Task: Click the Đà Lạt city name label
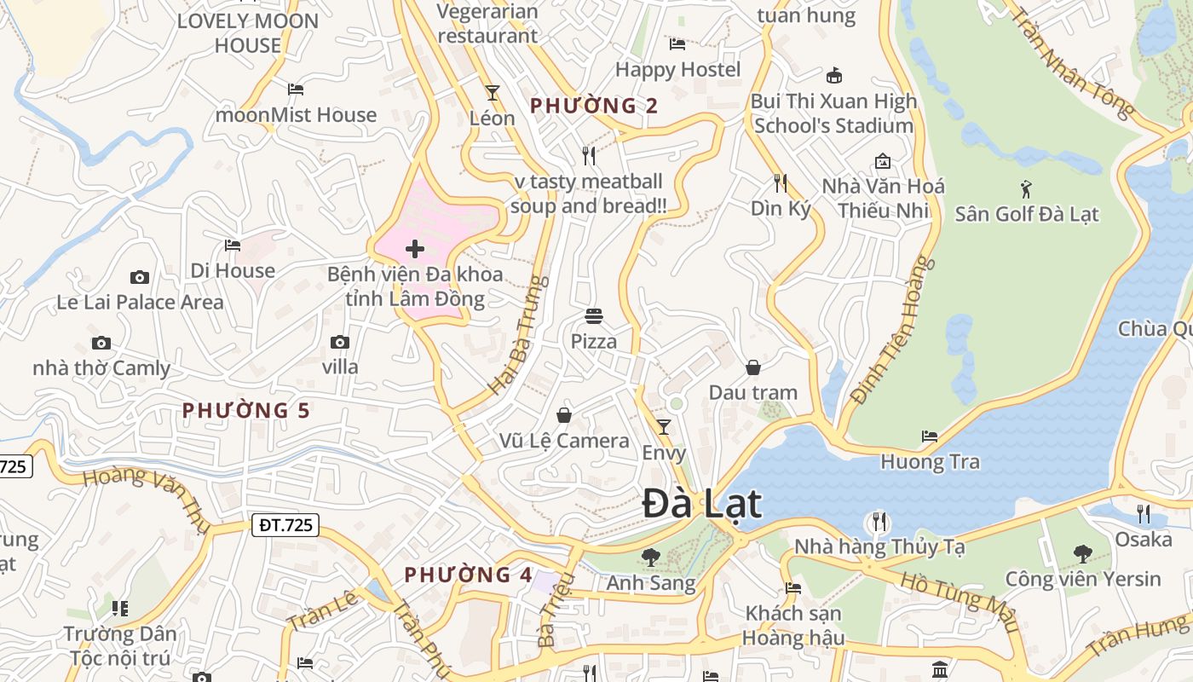(701, 503)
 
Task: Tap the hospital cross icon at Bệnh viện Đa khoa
(415, 249)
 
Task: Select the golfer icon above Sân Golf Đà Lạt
(1026, 188)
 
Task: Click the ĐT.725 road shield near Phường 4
(285, 526)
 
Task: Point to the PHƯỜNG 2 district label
(594, 106)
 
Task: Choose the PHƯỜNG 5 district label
(246, 411)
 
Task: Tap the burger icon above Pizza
(594, 316)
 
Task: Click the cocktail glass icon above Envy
(664, 426)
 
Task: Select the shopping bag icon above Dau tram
(752, 367)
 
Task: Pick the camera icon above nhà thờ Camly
(101, 344)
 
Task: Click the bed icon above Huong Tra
(930, 436)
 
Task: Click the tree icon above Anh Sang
(650, 558)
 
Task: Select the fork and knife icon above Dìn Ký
(780, 182)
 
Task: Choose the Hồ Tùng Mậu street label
(960, 599)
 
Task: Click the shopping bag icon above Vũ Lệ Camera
(563, 415)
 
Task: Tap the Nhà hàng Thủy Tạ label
(879, 546)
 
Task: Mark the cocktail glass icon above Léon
(492, 92)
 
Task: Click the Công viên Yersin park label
(1082, 579)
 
